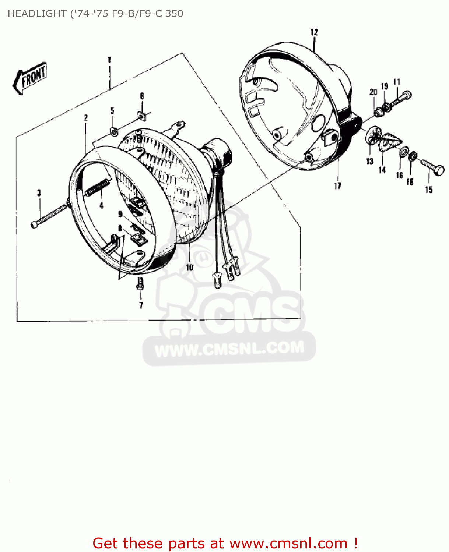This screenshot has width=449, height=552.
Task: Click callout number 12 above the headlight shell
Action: coord(314,32)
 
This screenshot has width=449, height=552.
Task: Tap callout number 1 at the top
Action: coord(109,60)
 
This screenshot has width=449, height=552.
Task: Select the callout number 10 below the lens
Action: coord(189,267)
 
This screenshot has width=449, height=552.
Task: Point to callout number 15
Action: coord(429,190)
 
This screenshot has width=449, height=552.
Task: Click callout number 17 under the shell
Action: coord(337,186)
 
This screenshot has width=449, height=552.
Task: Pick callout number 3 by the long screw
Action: coord(39,193)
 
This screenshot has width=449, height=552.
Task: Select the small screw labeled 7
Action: coord(140,284)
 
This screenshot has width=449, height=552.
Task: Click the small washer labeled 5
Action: coord(114,131)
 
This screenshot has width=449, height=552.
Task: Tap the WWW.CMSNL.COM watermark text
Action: coord(229,348)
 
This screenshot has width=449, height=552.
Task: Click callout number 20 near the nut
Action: coord(373,92)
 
